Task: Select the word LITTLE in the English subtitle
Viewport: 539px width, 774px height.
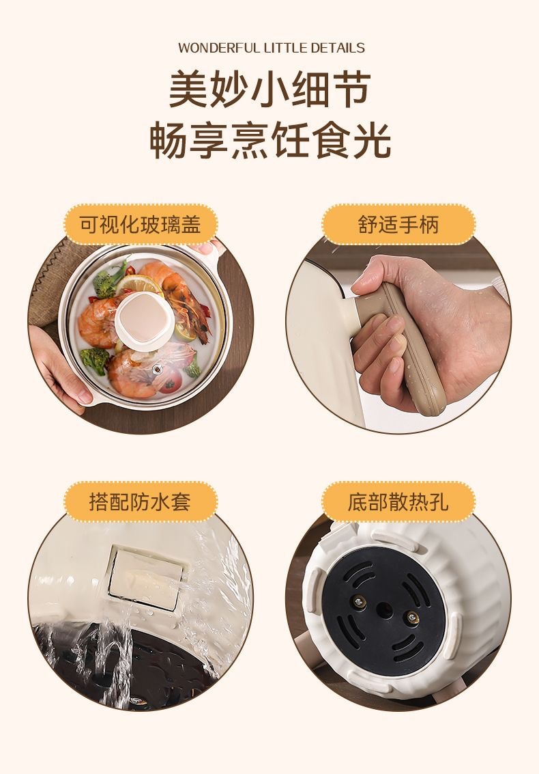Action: point(285,48)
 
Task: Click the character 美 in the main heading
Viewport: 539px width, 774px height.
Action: point(189,89)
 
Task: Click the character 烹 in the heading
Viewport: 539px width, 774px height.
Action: point(251,141)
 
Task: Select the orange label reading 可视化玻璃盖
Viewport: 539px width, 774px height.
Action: point(141,225)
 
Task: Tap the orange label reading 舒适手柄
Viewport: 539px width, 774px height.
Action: point(398,225)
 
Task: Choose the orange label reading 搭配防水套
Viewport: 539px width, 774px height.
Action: point(141,501)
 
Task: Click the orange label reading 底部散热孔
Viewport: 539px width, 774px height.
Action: point(398,501)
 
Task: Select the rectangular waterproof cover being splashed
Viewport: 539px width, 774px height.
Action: point(145,577)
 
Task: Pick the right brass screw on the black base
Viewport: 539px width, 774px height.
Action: point(412,617)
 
